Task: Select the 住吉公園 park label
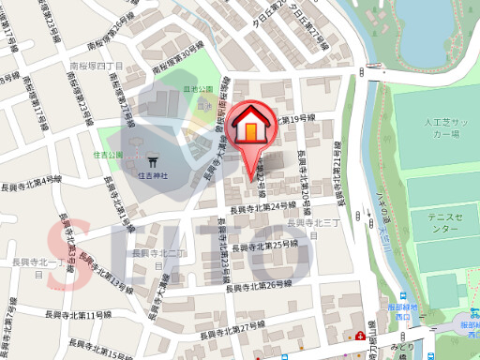point(108,154)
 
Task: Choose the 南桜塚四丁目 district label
point(97,67)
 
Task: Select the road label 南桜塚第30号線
point(177,58)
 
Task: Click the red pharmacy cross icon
point(361,336)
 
